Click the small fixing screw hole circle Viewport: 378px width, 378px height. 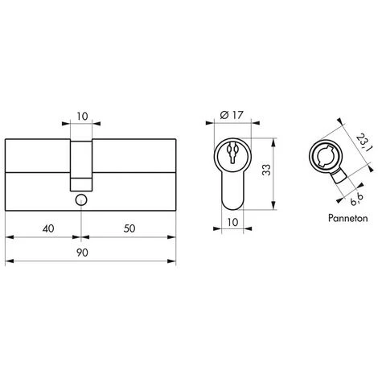[80, 199]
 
